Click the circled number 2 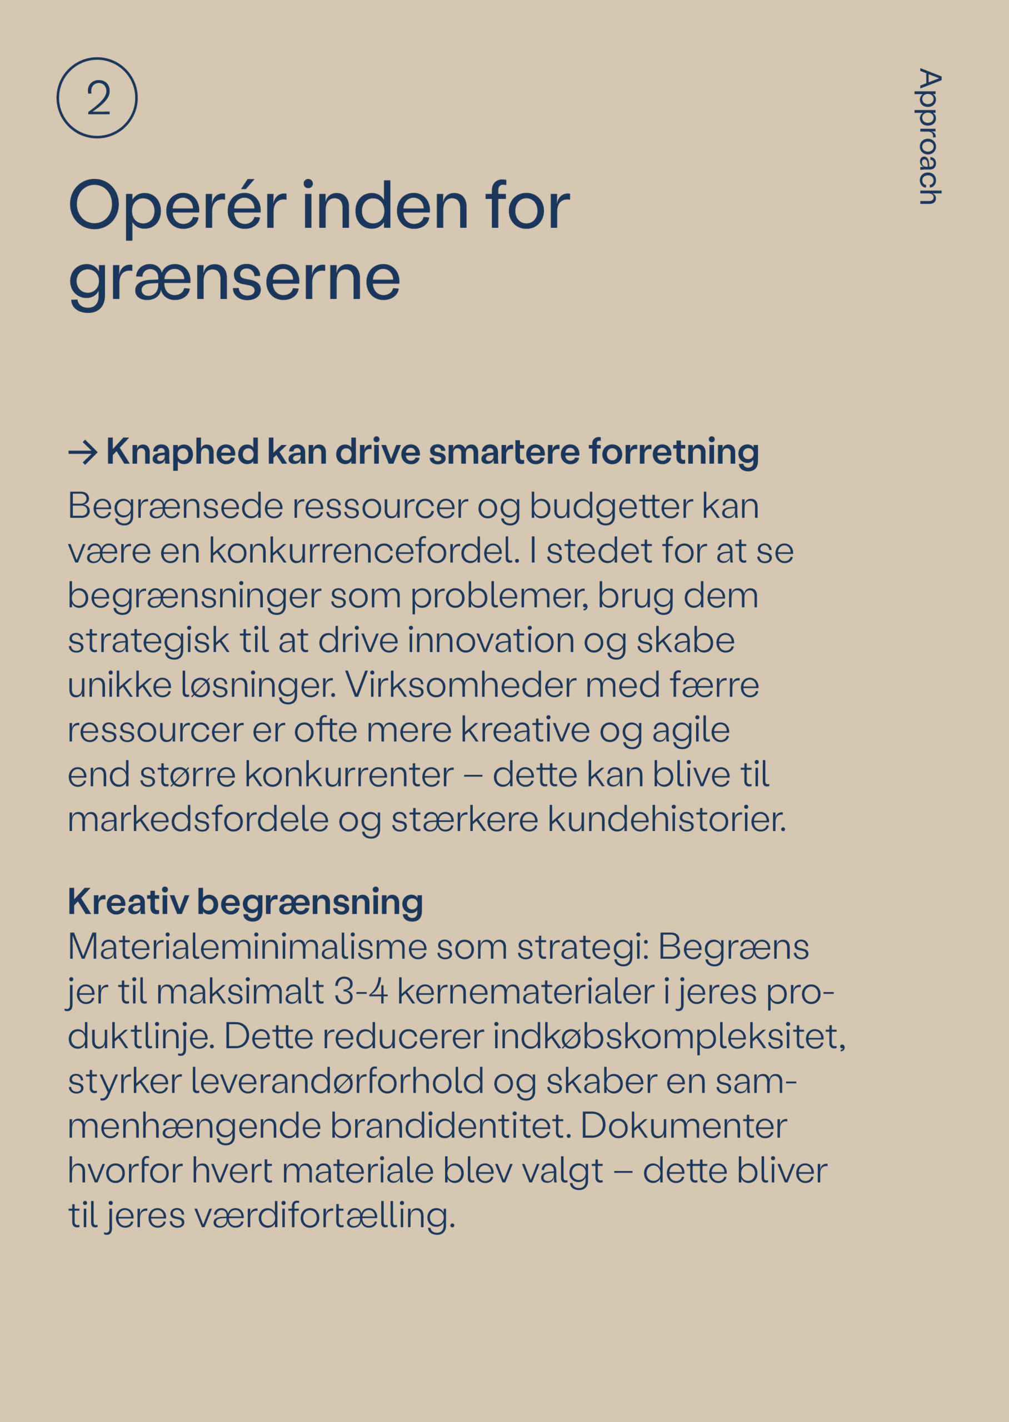coord(97,98)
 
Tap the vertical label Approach coord(930,136)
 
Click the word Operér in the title coord(177,207)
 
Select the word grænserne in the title coord(234,280)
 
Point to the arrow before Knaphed coord(83,452)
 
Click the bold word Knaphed coord(182,452)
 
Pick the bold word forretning coord(673,452)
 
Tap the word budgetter coord(611,507)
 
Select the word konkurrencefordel coord(363,551)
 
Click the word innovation coord(491,640)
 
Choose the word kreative coord(525,730)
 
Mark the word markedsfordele coord(198,819)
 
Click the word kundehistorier coord(666,819)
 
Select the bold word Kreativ coord(127,902)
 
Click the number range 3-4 coord(361,992)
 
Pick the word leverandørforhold coord(337,1081)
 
